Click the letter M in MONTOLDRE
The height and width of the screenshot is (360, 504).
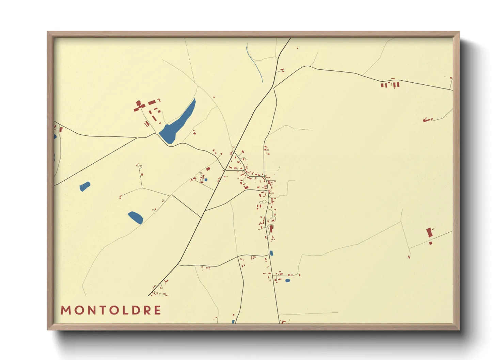pyautogui.click(x=66, y=310)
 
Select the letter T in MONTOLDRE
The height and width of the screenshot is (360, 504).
pyautogui.click(x=102, y=310)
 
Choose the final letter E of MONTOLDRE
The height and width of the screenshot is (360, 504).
pyautogui.click(x=157, y=310)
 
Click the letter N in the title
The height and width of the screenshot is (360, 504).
pyautogui.click(x=90, y=310)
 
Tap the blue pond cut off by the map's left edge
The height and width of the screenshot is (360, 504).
pyautogui.click(x=55, y=136)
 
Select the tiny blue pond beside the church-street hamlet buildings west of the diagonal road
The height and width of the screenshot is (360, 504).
pyautogui.click(x=206, y=180)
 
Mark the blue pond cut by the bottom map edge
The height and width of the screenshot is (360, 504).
pyautogui.click(x=233, y=322)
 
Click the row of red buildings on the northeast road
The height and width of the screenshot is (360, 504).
pyautogui.click(x=390, y=84)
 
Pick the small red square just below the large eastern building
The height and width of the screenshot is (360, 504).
pyautogui.click(x=431, y=243)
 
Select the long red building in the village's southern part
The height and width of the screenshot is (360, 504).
pyautogui.click(x=271, y=229)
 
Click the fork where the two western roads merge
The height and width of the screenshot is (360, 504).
pyautogui.click(x=137, y=138)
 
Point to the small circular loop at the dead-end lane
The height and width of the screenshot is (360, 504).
pyautogui.click(x=140, y=167)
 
